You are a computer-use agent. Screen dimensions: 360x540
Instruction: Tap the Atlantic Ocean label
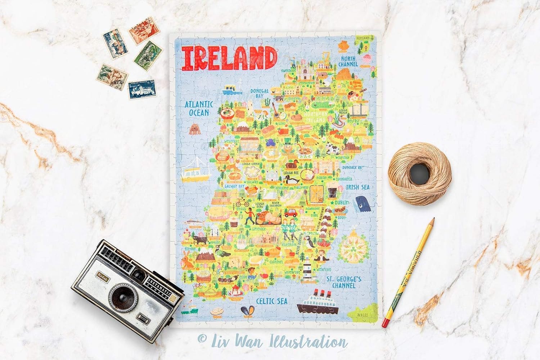tap(199, 108)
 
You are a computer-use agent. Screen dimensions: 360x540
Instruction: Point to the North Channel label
tap(348, 61)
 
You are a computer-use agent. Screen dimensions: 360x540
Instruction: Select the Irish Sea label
tap(357, 187)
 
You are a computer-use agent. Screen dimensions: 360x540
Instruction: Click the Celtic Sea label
tap(272, 301)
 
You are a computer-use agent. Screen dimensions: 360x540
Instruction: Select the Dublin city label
tap(341, 203)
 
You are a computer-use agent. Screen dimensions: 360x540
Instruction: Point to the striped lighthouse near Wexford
tap(306, 267)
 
